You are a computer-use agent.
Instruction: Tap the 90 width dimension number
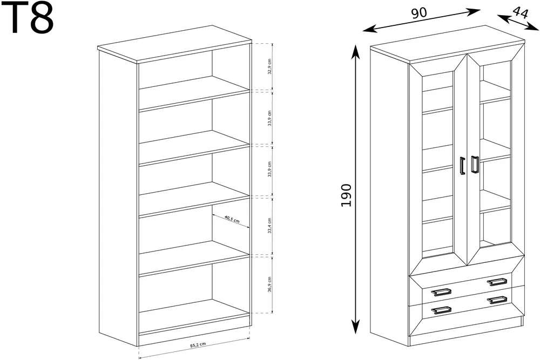coord(419,13)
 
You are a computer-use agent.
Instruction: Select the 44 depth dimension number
coord(520,12)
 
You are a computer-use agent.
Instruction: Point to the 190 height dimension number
coord(346,195)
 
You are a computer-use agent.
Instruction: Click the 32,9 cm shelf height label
coord(269,66)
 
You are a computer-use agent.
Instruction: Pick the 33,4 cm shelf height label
coord(269,226)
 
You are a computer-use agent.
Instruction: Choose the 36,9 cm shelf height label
coord(269,284)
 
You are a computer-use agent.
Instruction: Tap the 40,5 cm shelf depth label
coord(232,219)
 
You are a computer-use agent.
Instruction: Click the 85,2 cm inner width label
coord(198,344)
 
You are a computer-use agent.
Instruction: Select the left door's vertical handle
coord(462,166)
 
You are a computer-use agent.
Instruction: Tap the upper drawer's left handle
coord(441,293)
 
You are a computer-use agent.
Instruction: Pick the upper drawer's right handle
coord(497,282)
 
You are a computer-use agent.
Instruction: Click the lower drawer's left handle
coord(441,310)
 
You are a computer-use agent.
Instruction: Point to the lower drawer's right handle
coord(497,300)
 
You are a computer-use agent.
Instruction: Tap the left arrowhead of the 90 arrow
coord(368,29)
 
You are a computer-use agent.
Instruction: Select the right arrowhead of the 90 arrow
coord(475,11)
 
